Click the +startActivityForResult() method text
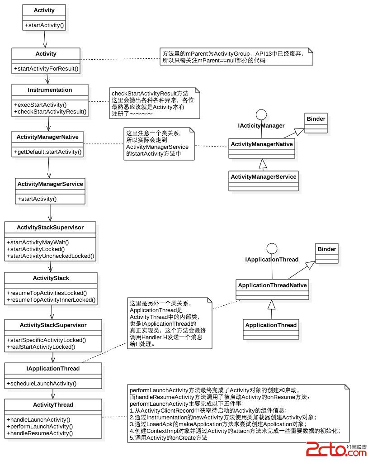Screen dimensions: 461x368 click(46, 69)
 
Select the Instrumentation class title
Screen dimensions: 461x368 click(50, 90)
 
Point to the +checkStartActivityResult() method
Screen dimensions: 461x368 click(50, 111)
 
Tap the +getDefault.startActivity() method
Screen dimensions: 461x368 click(48, 152)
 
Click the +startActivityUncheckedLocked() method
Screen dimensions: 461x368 click(51, 256)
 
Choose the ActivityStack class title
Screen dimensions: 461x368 click(51, 278)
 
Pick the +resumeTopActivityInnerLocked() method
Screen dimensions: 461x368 click(51, 299)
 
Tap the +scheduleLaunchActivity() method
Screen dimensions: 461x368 click(42, 384)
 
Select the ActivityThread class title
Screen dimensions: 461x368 click(53, 405)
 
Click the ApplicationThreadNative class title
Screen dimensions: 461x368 click(272, 285)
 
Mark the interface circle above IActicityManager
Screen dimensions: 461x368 click(261, 114)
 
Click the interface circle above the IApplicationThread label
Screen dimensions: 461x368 click(271, 248)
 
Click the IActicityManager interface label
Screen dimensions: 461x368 click(261, 125)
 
